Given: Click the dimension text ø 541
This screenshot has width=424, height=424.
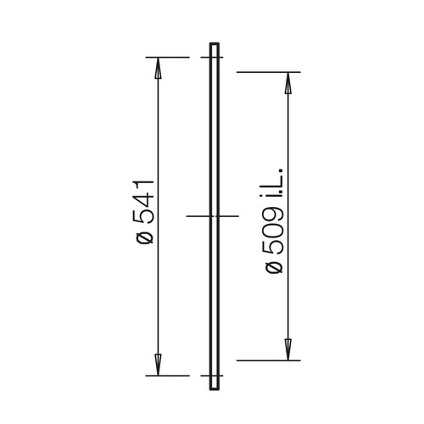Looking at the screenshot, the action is (x=145, y=211).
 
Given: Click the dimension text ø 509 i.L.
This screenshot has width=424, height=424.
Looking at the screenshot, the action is (x=274, y=221).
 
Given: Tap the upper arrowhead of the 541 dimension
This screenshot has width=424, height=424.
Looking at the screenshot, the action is (x=158, y=68).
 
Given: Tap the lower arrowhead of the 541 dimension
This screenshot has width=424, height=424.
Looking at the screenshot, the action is (x=158, y=365).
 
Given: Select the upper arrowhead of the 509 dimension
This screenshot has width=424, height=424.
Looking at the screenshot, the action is (x=287, y=83).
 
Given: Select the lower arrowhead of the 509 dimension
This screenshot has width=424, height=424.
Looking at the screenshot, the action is (x=287, y=349).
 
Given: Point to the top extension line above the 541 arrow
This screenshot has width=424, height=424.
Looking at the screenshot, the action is (x=168, y=58).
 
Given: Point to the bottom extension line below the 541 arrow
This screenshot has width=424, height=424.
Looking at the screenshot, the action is (x=168, y=376).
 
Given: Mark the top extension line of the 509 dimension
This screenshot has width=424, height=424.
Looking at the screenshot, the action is (x=269, y=72).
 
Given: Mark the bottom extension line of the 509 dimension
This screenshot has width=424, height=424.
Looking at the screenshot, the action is (x=269, y=360).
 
